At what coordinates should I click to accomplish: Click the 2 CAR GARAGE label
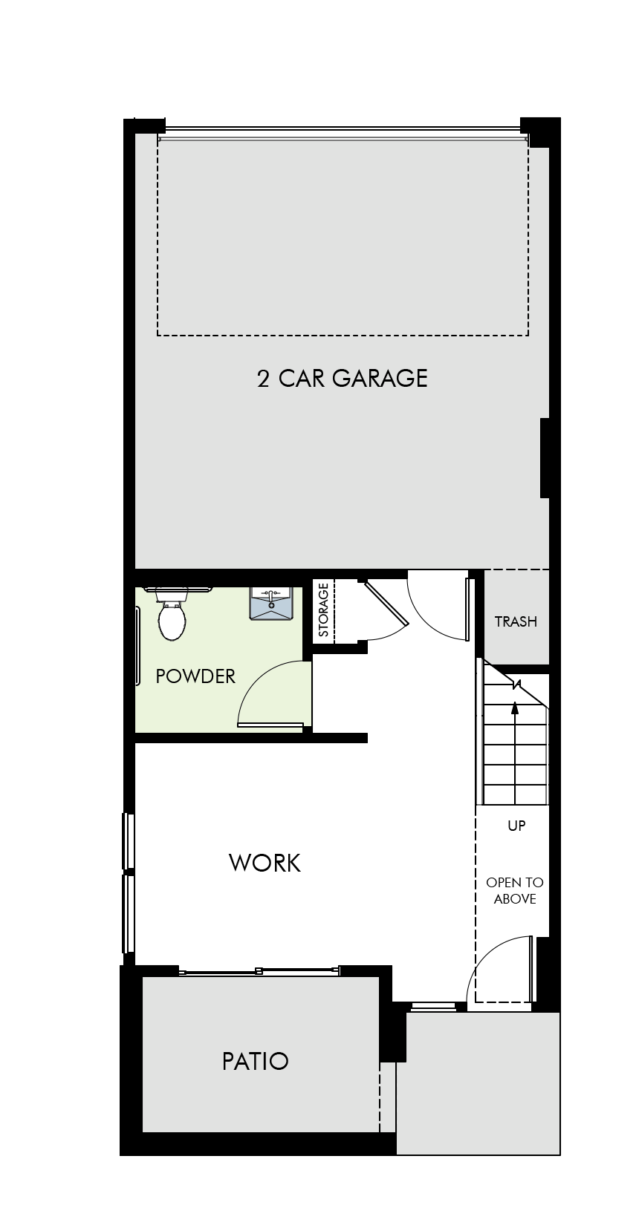coord(342,379)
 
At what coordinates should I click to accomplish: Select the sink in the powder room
coord(270,603)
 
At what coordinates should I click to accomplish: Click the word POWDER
coord(195,676)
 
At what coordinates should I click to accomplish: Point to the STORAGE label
coord(323,610)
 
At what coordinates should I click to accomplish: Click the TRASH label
coord(516,621)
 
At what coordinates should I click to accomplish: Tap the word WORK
coord(265,863)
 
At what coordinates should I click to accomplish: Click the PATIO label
coord(256,1061)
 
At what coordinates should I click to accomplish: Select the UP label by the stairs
coord(516,826)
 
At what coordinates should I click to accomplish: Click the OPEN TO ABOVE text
coord(515,890)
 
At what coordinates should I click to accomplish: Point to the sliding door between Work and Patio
coord(259,972)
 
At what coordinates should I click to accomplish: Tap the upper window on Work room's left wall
coord(129,840)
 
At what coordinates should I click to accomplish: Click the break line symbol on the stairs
coord(516,685)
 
